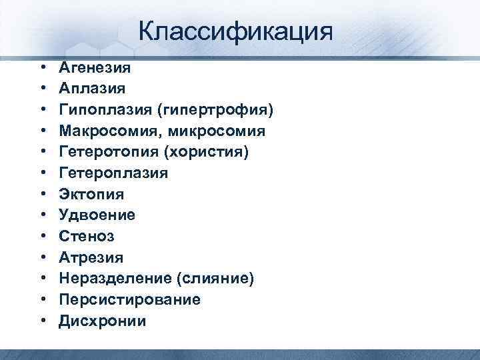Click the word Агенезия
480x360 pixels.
click(x=95, y=67)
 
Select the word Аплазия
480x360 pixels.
click(x=91, y=87)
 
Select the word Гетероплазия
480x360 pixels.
click(x=113, y=173)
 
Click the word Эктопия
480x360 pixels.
click(x=91, y=194)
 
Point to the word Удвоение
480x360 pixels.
click(x=97, y=215)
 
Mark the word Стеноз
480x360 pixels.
click(x=86, y=237)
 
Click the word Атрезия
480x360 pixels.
click(x=91, y=257)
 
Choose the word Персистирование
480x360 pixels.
click(x=129, y=300)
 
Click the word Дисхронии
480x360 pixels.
click(x=102, y=321)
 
